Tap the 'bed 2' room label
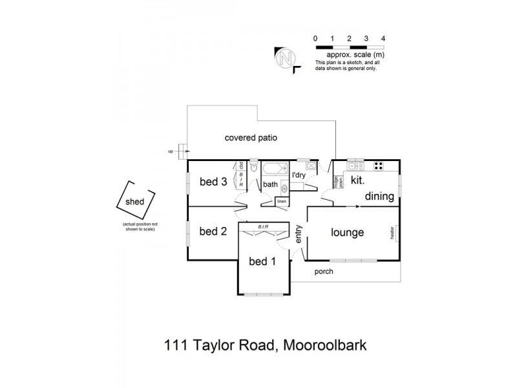[x=213, y=232]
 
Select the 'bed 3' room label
[x=213, y=182]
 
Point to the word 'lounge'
[x=348, y=233]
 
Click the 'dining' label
[x=379, y=196]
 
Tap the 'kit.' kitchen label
[x=358, y=182]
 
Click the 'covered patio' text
[x=251, y=138]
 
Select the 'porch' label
[x=324, y=272]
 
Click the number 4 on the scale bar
[x=383, y=39]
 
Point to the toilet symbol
[x=255, y=167]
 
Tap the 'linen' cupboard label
[x=282, y=202]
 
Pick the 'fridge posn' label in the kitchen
[x=337, y=182]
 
